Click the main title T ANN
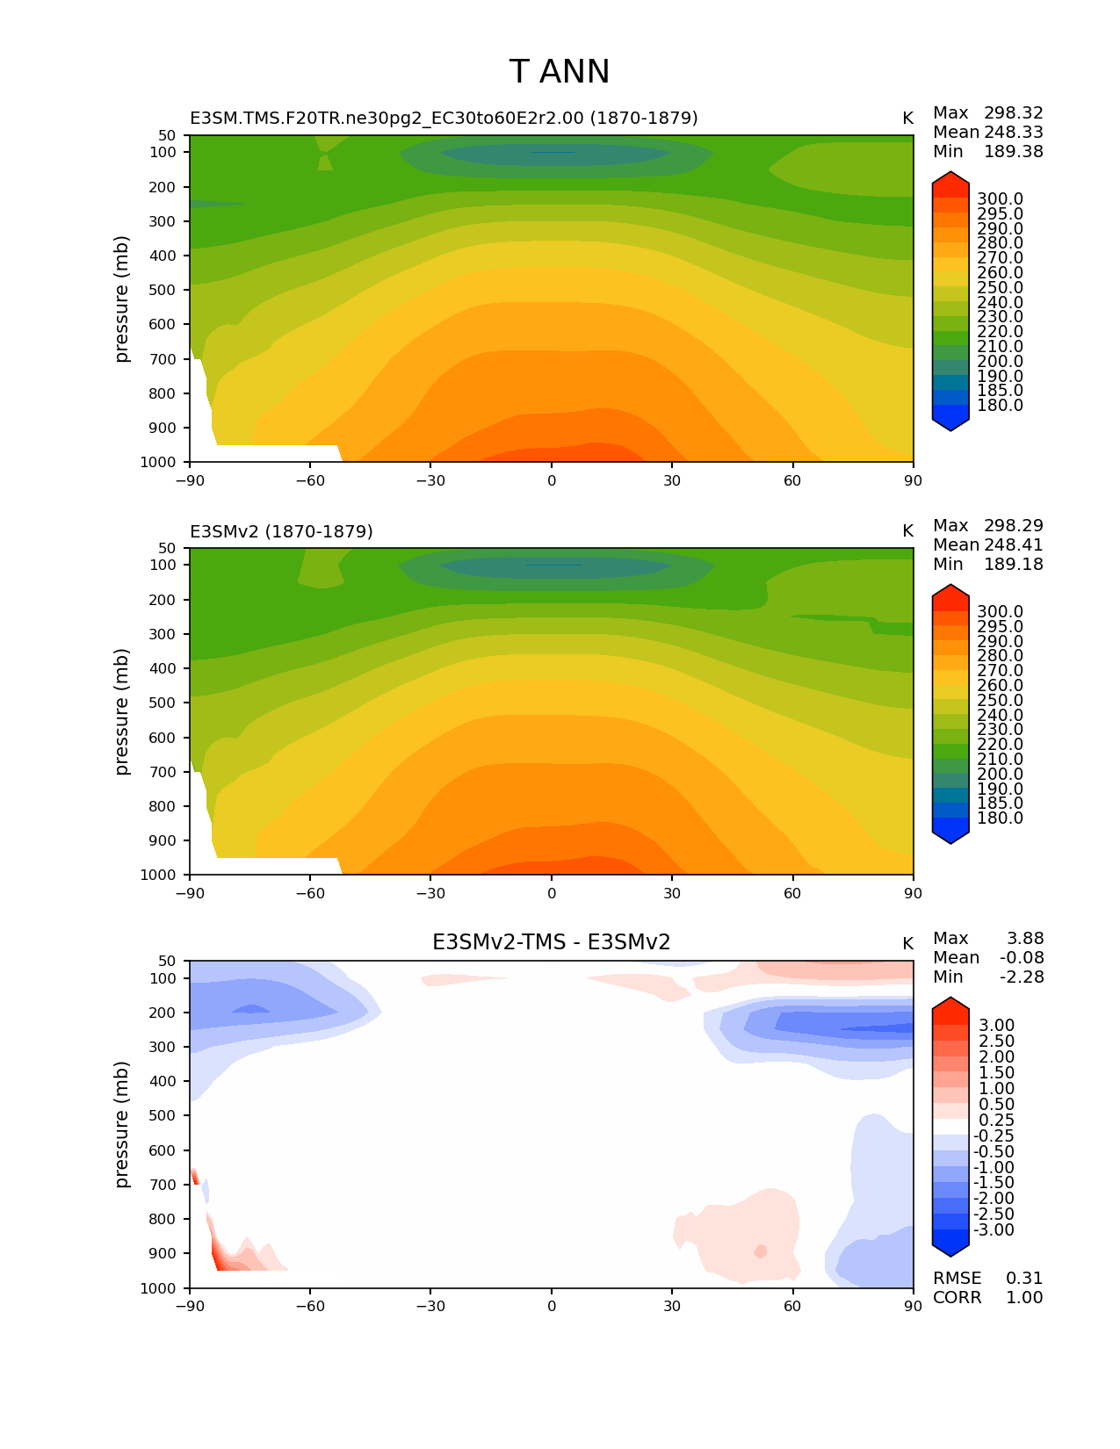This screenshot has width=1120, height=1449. pos(559,72)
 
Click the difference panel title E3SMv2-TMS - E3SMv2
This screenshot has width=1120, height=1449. pos(551,942)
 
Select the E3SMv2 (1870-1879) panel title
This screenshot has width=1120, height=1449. pos(281,531)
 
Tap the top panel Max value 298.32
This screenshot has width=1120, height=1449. pos(1013,113)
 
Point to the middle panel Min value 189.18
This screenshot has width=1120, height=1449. pos(1013,565)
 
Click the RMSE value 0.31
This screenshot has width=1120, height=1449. pos(1024,1279)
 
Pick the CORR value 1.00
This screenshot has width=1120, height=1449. pos(1024,1298)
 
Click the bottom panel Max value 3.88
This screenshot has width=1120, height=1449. pos(1025,939)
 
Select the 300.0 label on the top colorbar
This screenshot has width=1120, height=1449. pos(1000,199)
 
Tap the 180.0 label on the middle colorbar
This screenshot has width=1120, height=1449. pos(1000,818)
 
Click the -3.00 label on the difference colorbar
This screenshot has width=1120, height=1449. pos(994,1230)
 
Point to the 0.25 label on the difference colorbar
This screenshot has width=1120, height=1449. pos(996,1121)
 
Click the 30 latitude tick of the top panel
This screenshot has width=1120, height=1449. pos(672,480)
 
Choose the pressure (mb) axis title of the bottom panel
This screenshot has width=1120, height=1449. pos(122,1124)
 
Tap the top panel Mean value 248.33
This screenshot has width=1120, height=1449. pos(1013,133)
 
